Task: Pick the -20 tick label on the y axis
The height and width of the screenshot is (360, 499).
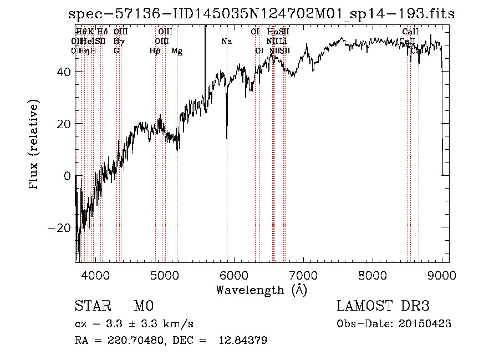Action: [61, 228]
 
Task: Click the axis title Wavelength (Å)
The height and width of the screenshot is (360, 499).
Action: [261, 290]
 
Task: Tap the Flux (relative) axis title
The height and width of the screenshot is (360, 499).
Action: [34, 146]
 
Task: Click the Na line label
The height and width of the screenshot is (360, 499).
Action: [226, 42]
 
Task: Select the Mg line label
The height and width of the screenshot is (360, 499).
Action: [177, 51]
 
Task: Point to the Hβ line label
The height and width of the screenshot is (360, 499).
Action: [155, 51]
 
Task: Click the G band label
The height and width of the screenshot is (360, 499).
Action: [116, 51]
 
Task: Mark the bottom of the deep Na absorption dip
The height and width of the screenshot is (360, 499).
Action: [227, 139]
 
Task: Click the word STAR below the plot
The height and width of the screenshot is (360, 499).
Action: [92, 306]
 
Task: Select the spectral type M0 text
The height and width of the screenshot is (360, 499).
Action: [143, 306]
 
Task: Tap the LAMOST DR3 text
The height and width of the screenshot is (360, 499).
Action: [383, 306]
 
